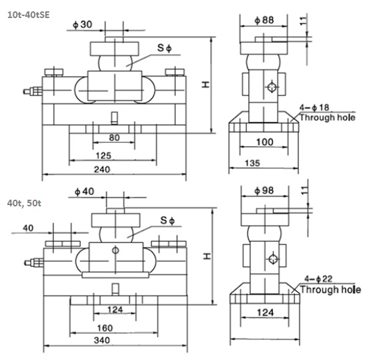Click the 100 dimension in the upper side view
pos(265,143)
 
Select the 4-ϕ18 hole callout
pos(316,107)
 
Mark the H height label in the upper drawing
pos(207,84)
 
